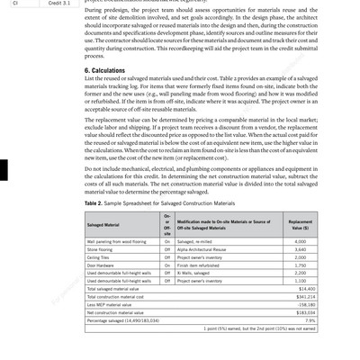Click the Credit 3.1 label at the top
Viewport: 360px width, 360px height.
(60, 4)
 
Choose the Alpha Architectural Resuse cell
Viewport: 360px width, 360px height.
(206, 249)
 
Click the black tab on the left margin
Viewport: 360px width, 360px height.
(4, 168)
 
